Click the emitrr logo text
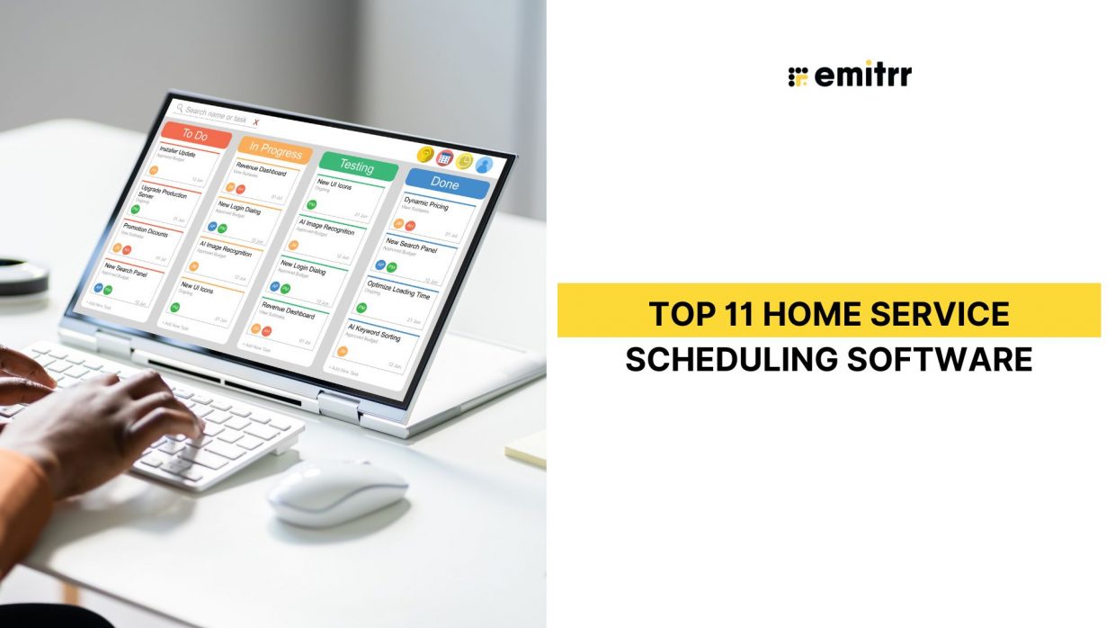861,76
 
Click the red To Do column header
195,135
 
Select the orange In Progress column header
275,150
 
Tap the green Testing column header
357,166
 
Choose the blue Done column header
445,183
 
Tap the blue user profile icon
484,165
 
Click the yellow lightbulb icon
425,154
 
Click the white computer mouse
337,492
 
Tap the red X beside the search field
256,122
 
